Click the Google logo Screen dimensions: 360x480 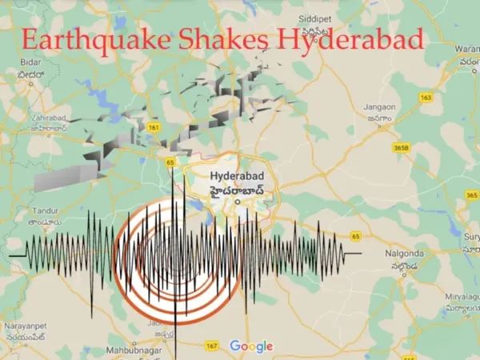[x=250, y=346]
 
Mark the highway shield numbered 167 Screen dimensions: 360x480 [x=211, y=346]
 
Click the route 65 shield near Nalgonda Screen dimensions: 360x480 [x=355, y=237]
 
